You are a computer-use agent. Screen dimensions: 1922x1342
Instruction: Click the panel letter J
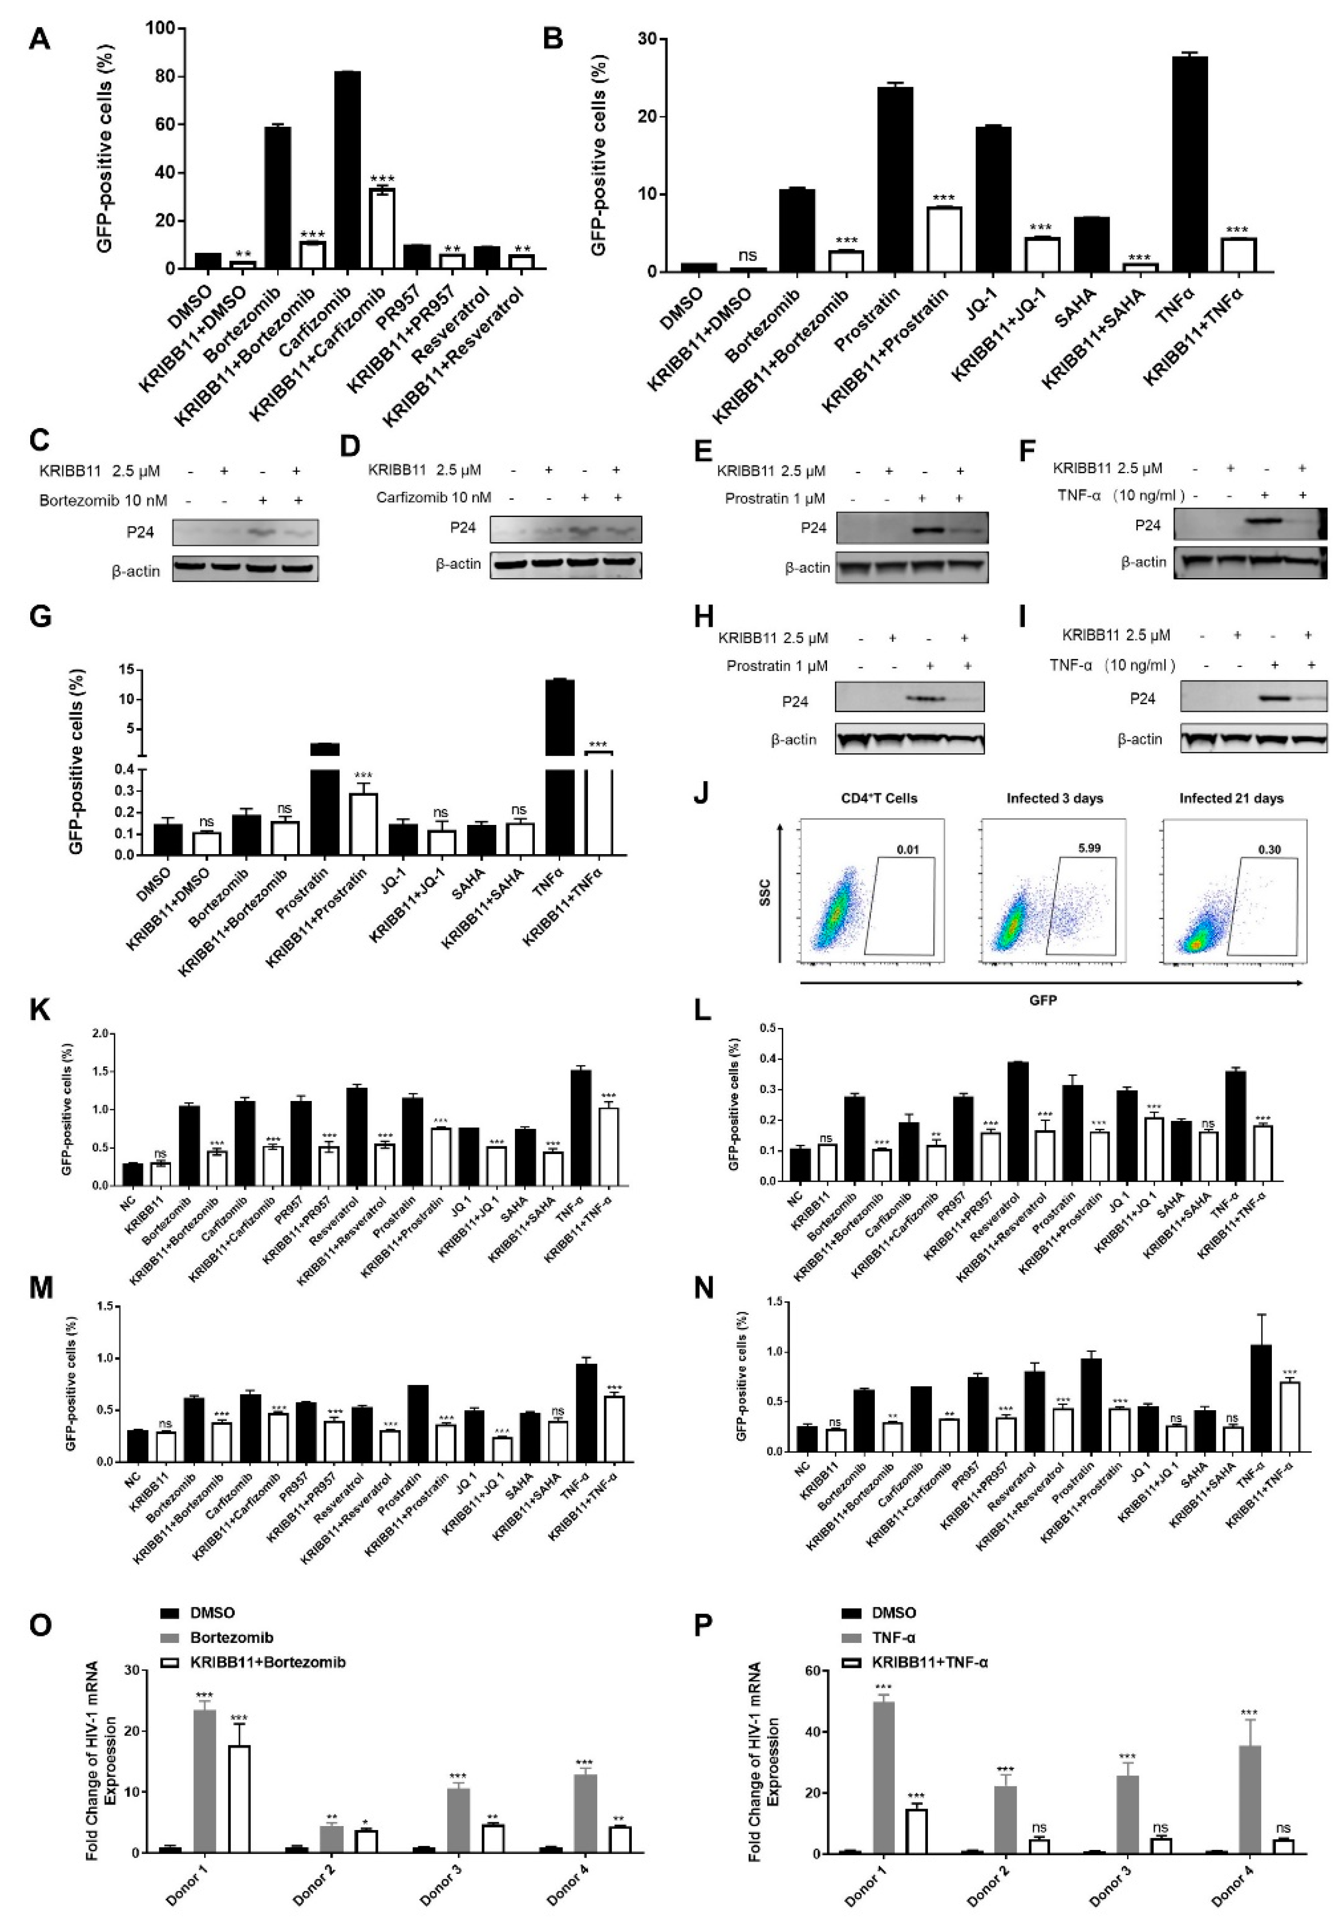701,792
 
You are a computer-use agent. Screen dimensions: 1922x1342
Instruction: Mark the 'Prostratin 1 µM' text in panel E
775,498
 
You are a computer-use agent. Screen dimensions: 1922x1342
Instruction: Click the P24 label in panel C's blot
141,532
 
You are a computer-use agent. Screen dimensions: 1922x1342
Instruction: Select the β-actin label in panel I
1140,739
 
